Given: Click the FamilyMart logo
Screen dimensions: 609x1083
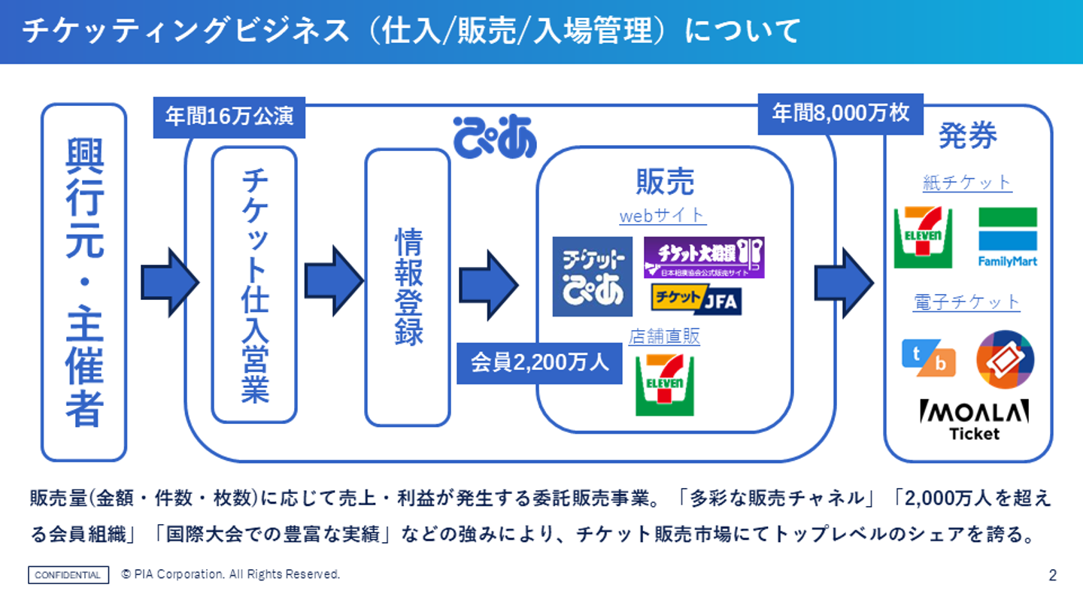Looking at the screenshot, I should pos(1007,237).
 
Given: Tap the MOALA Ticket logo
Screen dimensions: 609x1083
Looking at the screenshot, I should pos(974,420).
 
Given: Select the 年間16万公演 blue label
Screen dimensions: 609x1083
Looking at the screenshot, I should pos(229,118).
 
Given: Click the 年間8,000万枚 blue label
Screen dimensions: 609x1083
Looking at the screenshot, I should pos(840,114).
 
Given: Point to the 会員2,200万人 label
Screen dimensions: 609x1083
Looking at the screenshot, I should pos(539,363).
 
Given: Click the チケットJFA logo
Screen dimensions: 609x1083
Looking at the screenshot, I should pos(696,299).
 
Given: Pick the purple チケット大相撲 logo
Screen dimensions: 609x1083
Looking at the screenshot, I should pos(703,257).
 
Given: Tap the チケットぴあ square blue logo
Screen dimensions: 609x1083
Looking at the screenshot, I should pos(592,277).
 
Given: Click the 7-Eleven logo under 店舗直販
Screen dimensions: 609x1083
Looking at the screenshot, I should pos(664,385).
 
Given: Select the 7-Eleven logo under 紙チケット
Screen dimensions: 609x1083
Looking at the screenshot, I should pos(923,237).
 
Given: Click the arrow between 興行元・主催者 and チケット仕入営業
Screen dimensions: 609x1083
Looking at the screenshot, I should pos(169,283).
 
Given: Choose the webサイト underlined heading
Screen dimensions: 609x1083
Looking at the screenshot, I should pos(663,216).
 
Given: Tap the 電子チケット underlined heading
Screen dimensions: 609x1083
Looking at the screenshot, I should pos(966,302).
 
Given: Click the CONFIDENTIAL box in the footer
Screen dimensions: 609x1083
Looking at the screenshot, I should pos(68,575).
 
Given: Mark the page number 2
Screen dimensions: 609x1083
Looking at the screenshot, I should pos(1052,576).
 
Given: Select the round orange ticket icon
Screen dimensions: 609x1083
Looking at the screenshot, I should pos(1005,359).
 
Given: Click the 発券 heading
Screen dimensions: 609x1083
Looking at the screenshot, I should pos(967,137).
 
